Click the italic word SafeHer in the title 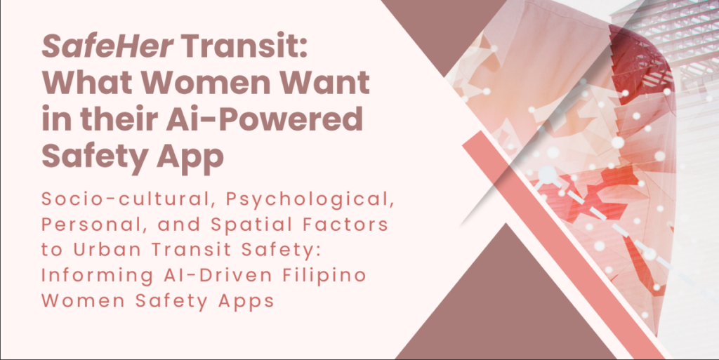click(107, 47)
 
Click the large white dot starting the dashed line click(547, 175)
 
